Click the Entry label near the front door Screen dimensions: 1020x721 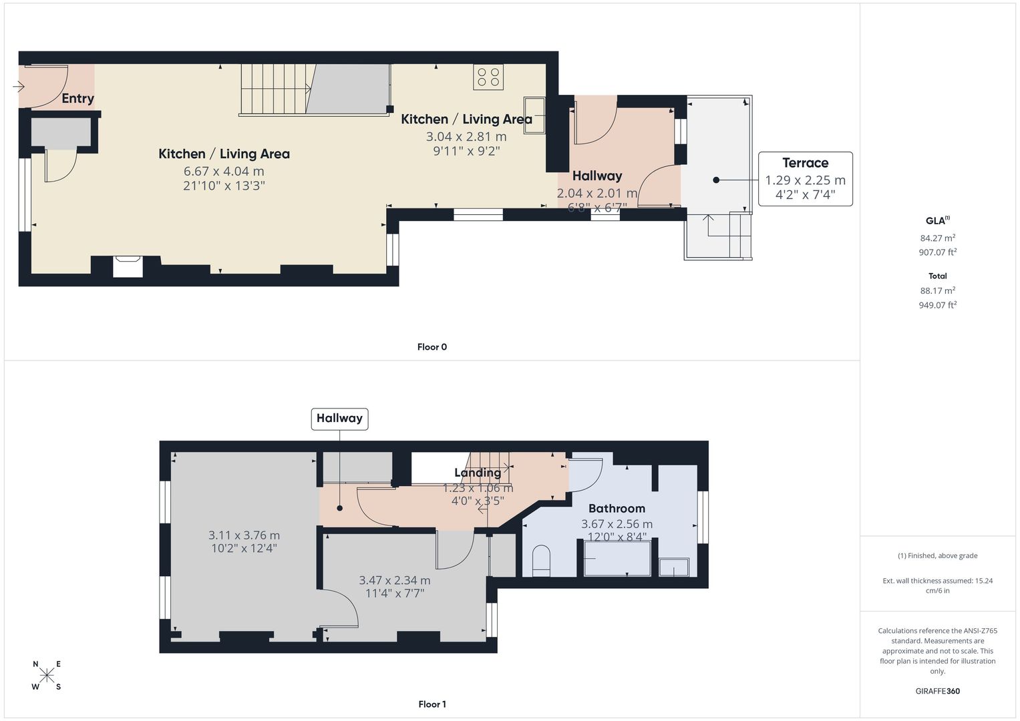coord(78,98)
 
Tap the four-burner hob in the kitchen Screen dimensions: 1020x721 coord(488,77)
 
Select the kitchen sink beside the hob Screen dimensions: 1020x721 coord(534,115)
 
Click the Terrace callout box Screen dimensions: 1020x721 coord(805,179)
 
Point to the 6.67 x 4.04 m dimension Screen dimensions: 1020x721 coord(224,171)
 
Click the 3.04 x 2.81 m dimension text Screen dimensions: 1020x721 coord(466,137)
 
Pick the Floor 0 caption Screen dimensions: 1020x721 coord(432,347)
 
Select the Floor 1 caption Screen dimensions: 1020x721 coord(432,704)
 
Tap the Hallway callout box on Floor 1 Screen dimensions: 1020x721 coord(340,419)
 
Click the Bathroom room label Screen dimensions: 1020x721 coord(617,509)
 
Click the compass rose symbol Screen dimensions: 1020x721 coord(47,675)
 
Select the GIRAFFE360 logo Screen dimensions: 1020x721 coord(938,691)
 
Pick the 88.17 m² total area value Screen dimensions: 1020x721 coord(938,290)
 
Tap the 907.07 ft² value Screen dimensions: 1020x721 coord(938,252)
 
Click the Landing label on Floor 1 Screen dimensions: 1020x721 coord(478,473)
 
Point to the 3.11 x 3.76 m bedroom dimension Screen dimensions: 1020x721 coord(244,535)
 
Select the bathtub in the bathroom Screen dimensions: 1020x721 coord(617,559)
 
